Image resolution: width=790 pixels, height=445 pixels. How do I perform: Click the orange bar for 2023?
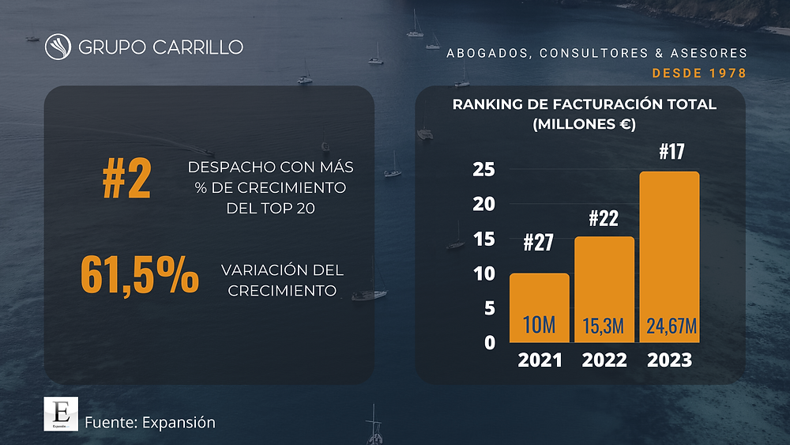[669, 257]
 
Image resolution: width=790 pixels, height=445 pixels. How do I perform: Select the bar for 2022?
[604, 289]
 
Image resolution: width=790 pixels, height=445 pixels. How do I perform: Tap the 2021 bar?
[539, 308]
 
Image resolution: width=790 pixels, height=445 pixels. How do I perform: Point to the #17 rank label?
[671, 151]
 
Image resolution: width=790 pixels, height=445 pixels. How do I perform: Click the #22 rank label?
[604, 218]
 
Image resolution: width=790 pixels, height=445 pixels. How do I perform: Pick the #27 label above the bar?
[539, 243]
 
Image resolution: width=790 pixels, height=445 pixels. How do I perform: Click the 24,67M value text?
[671, 326]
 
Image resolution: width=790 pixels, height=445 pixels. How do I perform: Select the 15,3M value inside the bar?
[603, 326]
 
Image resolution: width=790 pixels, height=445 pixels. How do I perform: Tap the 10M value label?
[539, 325]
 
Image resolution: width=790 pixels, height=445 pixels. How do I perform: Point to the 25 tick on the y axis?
[483, 169]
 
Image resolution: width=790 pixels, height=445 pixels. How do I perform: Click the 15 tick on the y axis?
[483, 239]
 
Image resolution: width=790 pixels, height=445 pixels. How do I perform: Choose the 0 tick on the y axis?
[490, 343]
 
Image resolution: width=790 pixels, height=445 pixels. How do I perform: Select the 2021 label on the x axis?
[540, 360]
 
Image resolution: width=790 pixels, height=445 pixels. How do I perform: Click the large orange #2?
[126, 178]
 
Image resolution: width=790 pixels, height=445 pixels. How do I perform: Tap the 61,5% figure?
[140, 274]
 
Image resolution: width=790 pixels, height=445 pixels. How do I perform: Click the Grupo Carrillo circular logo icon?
[58, 47]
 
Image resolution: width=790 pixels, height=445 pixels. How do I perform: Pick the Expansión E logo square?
[61, 413]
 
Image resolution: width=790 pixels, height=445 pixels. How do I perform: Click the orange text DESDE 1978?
[699, 73]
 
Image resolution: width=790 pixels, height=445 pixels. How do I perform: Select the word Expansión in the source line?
[179, 422]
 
